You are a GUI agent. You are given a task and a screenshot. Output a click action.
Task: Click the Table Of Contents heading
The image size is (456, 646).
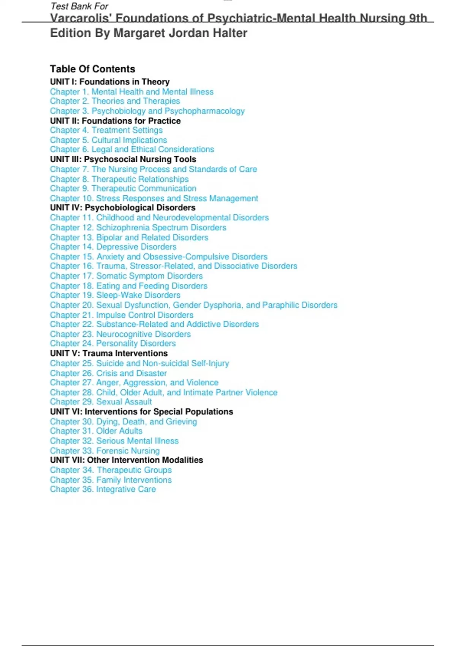[92, 69]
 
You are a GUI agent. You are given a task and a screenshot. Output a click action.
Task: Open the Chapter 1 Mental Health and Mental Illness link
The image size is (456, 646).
[131, 92]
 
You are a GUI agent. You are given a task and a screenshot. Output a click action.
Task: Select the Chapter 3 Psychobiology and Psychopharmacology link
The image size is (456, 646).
[147, 111]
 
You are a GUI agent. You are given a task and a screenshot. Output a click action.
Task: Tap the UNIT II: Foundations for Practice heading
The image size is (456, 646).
[115, 121]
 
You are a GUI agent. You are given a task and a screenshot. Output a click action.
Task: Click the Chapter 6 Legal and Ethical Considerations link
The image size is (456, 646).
[132, 149]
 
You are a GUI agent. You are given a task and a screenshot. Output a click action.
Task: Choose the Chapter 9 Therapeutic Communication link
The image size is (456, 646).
[123, 188]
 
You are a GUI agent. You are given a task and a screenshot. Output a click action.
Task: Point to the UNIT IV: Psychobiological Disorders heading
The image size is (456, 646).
[122, 207]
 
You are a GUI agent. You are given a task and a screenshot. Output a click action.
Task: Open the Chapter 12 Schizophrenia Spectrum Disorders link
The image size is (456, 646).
[138, 227]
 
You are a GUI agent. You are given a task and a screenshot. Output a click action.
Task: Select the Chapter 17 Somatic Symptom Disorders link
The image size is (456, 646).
[126, 276]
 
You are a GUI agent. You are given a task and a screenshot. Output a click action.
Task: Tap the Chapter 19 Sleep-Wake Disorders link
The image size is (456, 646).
[115, 295]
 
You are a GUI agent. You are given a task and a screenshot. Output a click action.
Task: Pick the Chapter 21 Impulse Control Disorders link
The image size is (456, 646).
[122, 315]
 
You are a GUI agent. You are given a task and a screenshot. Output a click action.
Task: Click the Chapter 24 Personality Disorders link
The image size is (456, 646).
[113, 344]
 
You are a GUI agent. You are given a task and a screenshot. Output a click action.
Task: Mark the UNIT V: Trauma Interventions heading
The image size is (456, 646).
[109, 353]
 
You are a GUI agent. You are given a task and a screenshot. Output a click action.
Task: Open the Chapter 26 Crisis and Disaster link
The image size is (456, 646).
[108, 373]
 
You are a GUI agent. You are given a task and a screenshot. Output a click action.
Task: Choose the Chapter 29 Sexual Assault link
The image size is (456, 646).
[101, 402]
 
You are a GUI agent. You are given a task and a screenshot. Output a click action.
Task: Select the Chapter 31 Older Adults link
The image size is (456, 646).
[96, 431]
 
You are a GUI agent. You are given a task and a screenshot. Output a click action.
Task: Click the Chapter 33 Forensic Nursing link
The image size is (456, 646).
[104, 451]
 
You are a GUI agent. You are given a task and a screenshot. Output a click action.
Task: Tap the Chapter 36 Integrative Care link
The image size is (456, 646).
[103, 489]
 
